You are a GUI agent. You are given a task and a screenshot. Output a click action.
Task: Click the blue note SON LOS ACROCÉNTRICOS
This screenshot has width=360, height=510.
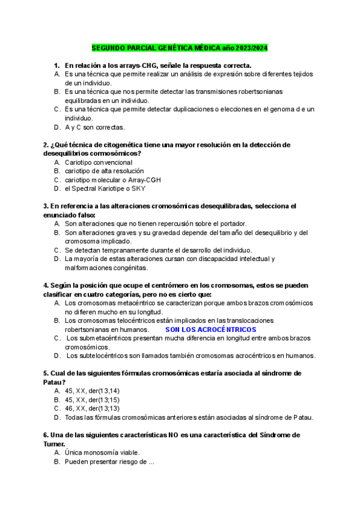[210, 330]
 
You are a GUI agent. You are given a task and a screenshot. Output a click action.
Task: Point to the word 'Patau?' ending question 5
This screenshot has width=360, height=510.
[54, 382]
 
